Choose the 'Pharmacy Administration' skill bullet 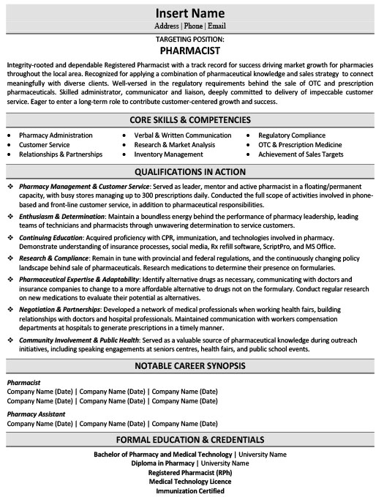point(56,135)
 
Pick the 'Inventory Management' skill point(167,154)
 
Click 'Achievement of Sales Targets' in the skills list point(301,154)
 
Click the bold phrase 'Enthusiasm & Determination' point(62,217)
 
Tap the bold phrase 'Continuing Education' point(51,238)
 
